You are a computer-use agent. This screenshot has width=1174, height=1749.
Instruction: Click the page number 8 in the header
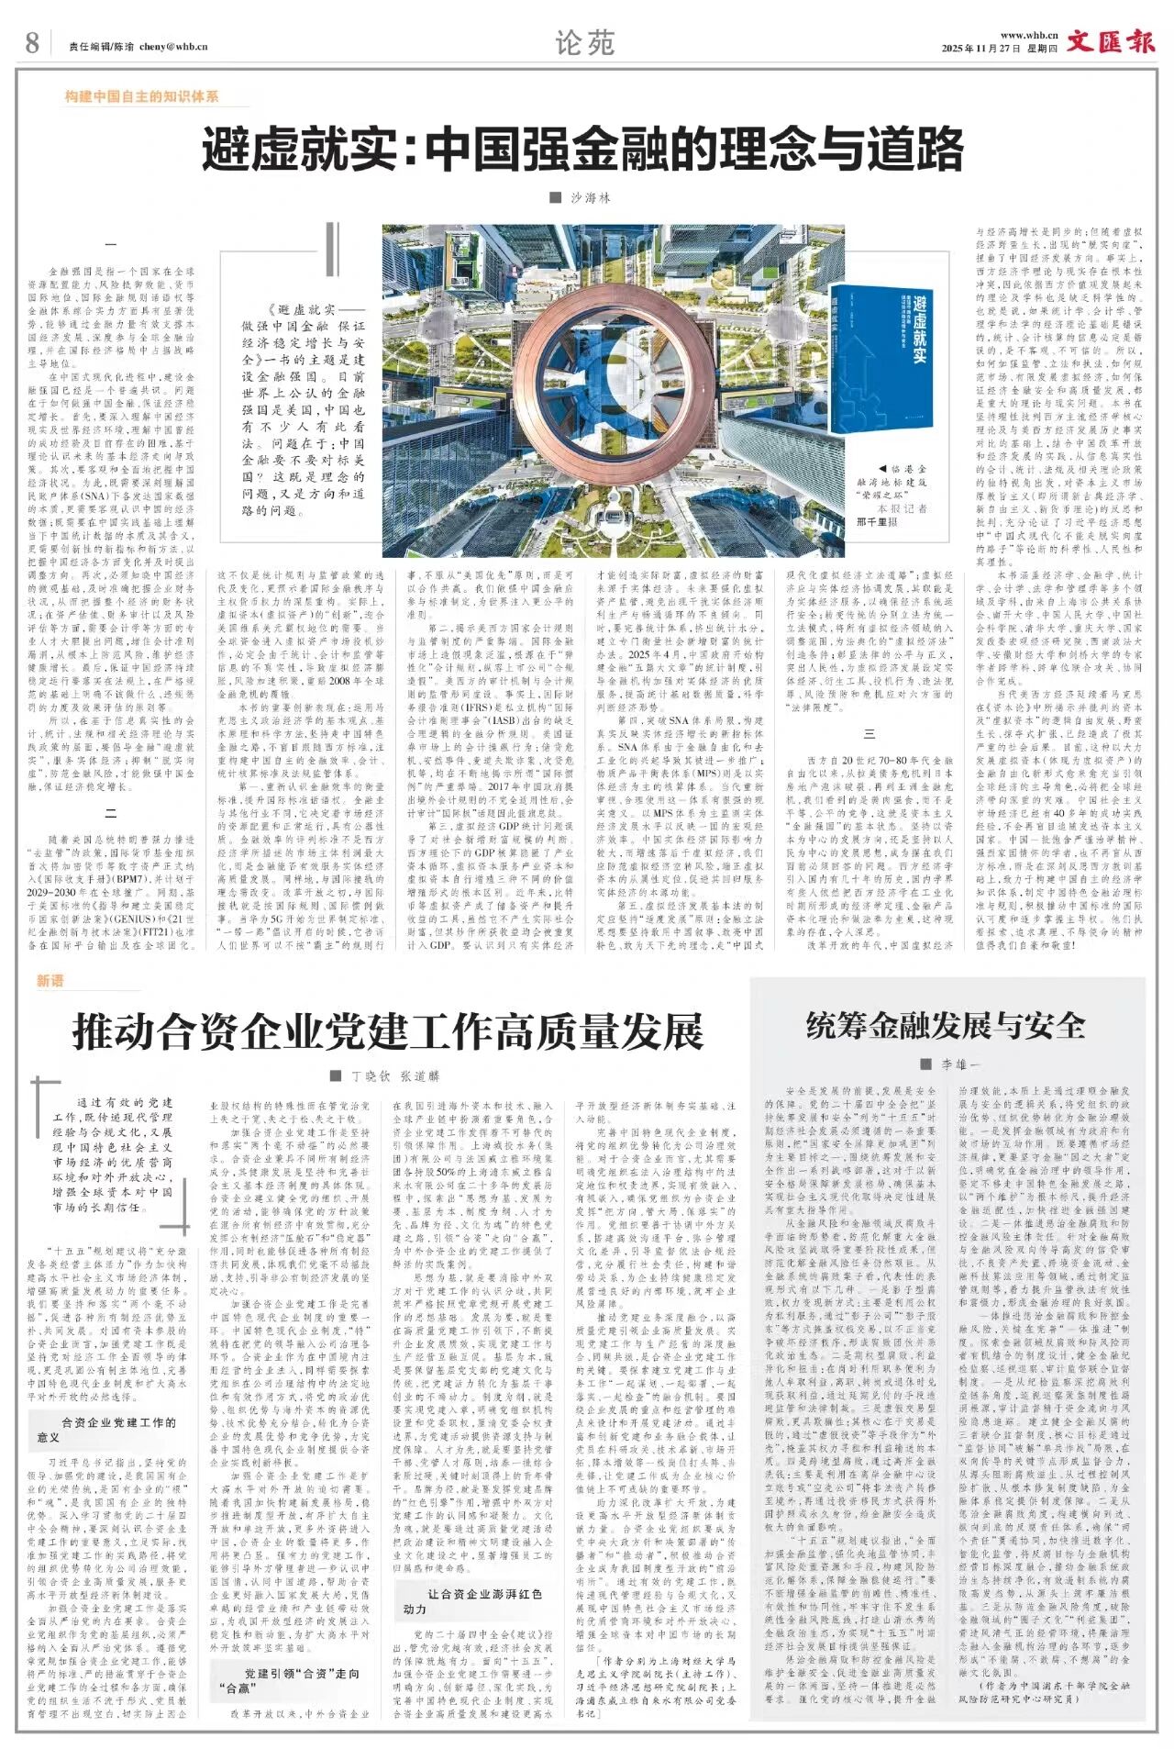[32, 43]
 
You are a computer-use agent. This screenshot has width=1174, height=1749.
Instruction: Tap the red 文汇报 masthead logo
[1110, 42]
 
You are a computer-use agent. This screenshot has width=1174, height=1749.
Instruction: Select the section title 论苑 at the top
[585, 43]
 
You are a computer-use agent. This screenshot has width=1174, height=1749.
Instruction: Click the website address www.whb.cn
[1029, 35]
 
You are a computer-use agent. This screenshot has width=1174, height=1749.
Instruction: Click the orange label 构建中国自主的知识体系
[141, 96]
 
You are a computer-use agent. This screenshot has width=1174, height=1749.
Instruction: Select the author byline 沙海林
[590, 197]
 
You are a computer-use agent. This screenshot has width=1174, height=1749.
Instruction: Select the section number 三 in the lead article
[869, 734]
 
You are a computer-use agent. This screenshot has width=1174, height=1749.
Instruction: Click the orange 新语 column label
[50, 981]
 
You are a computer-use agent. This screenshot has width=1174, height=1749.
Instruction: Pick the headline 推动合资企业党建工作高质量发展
[387, 1031]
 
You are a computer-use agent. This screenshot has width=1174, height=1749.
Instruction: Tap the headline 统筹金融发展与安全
[946, 1025]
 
